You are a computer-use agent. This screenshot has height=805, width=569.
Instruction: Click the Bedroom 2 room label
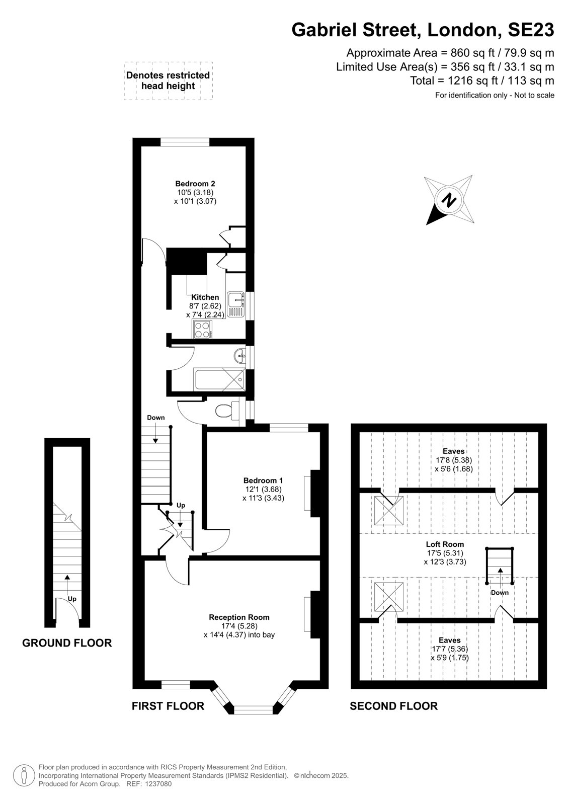[195, 184]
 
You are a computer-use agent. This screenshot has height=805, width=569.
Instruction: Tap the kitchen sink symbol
[236, 304]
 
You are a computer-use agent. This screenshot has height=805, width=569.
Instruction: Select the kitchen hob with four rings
[202, 330]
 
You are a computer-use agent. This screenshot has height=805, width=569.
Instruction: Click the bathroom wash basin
[240, 356]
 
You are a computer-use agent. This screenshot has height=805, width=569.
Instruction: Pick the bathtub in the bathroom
[220, 379]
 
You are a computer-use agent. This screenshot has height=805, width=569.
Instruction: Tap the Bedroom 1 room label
[263, 480]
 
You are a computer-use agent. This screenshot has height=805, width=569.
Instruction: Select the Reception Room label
[239, 617]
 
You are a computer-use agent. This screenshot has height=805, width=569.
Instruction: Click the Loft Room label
[445, 544]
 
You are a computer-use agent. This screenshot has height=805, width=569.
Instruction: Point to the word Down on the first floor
[155, 418]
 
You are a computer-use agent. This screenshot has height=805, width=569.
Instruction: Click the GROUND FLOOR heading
[67, 643]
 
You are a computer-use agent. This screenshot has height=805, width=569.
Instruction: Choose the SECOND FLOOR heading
[393, 706]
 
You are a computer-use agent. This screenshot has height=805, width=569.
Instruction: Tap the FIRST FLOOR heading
[168, 706]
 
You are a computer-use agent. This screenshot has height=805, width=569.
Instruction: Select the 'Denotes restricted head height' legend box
[168, 81]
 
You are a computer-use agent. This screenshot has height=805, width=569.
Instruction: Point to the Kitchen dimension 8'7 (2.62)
[205, 306]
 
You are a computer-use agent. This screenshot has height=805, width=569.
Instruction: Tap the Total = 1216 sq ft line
[482, 81]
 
